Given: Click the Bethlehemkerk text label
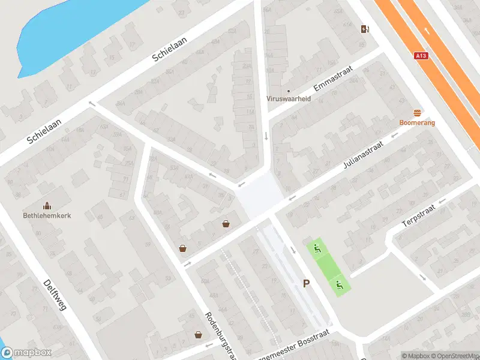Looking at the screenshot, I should (x=46, y=215).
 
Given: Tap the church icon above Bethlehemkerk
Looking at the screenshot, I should (x=46, y=205).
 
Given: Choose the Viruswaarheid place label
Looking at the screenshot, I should (x=289, y=99).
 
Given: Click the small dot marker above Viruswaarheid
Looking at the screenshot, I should (x=289, y=91).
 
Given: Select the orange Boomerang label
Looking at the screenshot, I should (x=417, y=122).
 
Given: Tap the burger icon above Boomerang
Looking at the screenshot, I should (x=417, y=113).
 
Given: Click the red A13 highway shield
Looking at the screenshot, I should (x=421, y=56).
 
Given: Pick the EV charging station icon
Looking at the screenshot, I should (x=364, y=29).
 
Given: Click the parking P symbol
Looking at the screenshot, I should (x=306, y=284).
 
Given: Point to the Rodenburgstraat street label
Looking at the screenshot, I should (x=217, y=335).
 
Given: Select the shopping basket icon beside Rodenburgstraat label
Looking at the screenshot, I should (x=197, y=335).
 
